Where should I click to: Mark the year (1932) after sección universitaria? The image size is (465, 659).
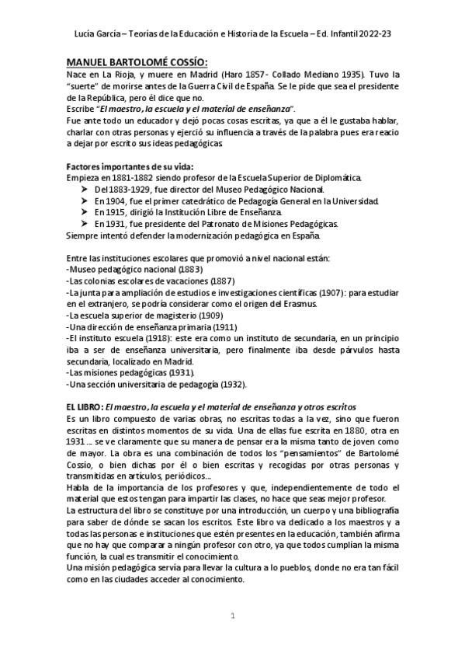pos(230,385)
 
